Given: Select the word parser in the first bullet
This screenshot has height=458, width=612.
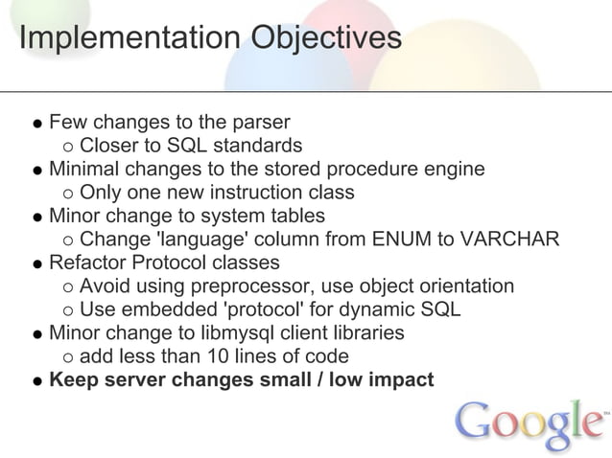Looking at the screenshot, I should point(264,123).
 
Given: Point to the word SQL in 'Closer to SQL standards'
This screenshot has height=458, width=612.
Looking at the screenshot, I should point(186,146).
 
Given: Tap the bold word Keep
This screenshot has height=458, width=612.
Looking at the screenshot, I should point(72,379).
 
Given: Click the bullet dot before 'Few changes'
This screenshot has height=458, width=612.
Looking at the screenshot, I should point(35,124).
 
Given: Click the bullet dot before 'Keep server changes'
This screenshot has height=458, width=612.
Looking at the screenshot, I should point(35,380).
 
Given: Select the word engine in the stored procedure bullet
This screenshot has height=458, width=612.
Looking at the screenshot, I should point(454,170).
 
